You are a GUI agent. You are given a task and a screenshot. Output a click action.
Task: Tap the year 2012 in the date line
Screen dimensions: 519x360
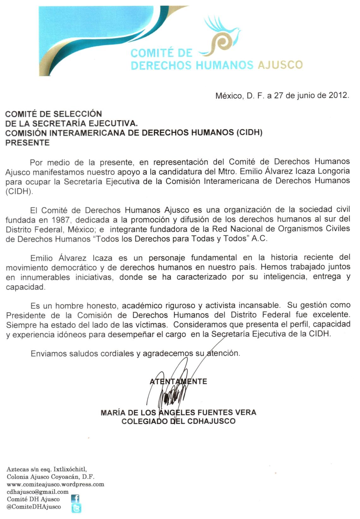click(x=339, y=96)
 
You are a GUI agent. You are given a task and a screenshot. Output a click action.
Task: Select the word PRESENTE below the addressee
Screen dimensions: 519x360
click(x=28, y=143)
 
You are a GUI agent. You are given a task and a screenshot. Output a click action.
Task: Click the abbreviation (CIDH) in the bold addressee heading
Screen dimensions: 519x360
click(x=249, y=133)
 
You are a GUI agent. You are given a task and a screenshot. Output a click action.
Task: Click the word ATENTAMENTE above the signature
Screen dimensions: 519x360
click(x=178, y=381)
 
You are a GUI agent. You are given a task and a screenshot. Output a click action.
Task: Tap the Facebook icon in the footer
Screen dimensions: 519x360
click(x=75, y=499)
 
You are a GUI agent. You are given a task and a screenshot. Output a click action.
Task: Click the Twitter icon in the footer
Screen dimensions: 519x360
click(x=76, y=508)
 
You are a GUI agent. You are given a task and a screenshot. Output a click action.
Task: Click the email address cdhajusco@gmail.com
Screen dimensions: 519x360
click(x=38, y=492)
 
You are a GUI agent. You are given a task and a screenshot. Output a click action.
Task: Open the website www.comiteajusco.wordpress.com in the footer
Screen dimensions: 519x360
click(x=55, y=484)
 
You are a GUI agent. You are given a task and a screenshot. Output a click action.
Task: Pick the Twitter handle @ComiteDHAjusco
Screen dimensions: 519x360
click(x=34, y=507)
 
